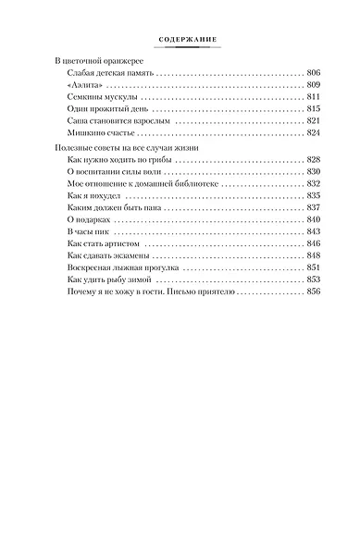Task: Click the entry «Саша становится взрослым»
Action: [x=118, y=120]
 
